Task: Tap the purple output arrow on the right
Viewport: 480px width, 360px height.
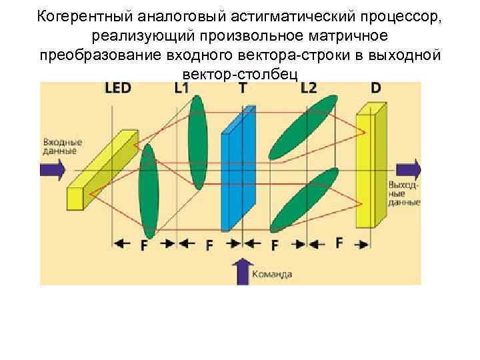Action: coord(407,169)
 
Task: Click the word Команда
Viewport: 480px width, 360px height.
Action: coord(272,273)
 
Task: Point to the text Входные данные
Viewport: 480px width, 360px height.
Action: coord(62,147)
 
